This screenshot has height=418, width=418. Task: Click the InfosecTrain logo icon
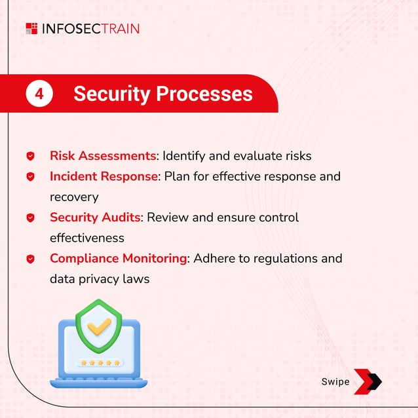coord(31,28)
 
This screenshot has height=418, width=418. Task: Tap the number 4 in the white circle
coord(39,94)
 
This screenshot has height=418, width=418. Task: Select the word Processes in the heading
coord(205,94)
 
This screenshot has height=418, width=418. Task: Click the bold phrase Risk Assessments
coord(103,156)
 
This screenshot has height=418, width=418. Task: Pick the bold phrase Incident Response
coord(104,176)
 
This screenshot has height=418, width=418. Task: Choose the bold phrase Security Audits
coord(95,217)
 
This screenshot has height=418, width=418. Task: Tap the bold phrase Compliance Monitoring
coord(118,258)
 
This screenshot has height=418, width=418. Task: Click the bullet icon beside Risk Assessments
coord(30,156)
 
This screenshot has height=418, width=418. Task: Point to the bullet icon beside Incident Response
coord(30,177)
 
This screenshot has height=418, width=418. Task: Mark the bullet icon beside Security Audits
coord(30,218)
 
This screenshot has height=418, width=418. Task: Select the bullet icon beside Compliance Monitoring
coord(30,259)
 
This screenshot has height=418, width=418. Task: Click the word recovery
coord(75,197)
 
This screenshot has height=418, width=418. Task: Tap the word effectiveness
coord(86,238)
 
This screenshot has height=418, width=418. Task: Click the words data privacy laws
coord(100,279)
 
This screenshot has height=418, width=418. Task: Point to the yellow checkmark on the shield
coord(99,327)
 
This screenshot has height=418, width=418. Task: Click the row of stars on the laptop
coord(99,362)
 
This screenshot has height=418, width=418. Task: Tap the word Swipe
coord(335,382)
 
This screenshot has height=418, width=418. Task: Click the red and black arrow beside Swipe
coord(368,382)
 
